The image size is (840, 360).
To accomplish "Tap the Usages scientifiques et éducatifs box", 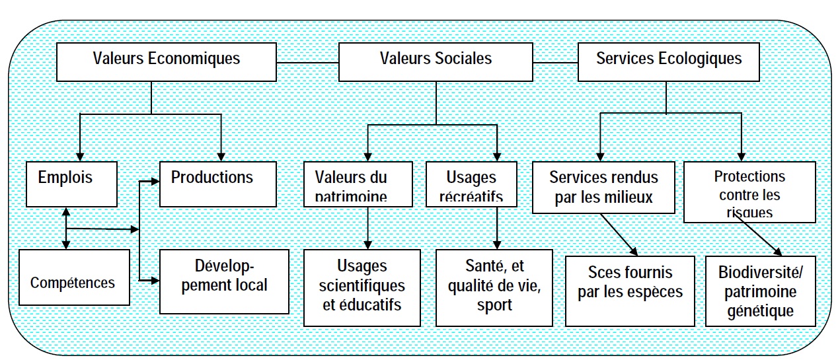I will [362, 287].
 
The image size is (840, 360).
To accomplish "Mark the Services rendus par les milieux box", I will [603, 188].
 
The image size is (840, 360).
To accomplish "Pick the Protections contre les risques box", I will [749, 192].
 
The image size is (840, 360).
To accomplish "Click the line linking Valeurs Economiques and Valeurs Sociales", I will [307, 62].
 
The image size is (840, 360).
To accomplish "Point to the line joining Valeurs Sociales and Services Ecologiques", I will [555, 62].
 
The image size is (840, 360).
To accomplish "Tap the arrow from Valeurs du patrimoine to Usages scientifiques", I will [367, 225].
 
